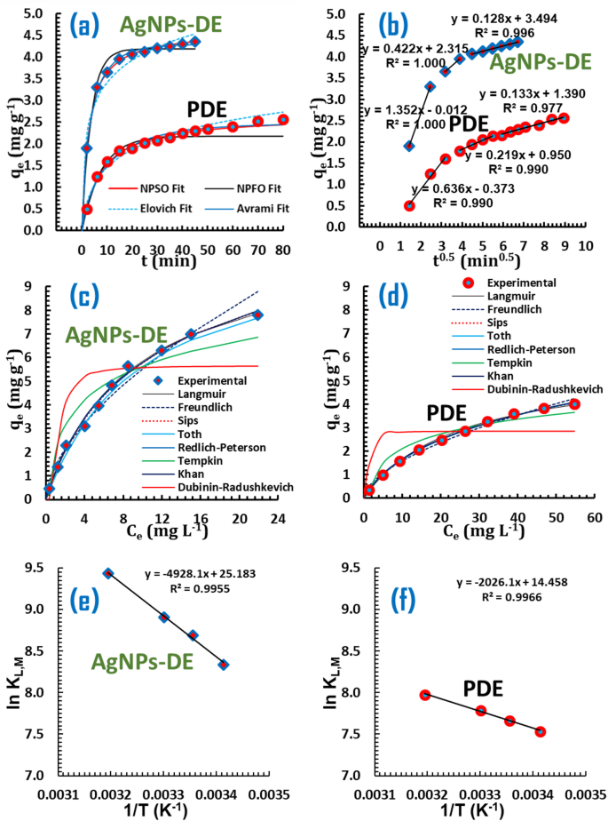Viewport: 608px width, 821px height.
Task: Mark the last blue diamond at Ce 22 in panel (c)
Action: point(257,315)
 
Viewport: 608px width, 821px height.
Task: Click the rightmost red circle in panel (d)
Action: point(574,404)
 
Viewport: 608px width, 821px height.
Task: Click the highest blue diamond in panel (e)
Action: point(108,573)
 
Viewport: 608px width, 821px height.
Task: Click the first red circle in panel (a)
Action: point(88,209)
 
